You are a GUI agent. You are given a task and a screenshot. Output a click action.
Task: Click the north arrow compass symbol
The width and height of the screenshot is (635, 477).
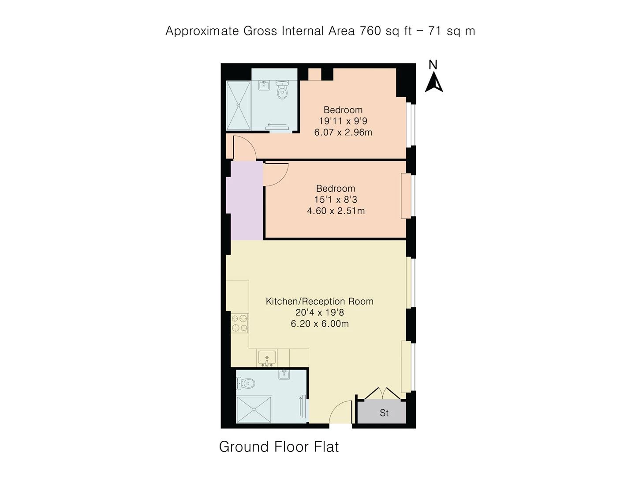coord(433,82)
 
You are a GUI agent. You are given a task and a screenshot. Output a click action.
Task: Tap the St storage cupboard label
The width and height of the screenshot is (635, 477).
coord(384,413)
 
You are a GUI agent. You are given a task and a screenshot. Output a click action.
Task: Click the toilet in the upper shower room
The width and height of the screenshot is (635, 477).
coord(282,90)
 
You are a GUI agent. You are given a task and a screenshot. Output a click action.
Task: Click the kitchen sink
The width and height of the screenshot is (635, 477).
coord(267,358)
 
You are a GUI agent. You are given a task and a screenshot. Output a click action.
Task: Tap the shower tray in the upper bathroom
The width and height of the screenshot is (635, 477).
coord(239,106)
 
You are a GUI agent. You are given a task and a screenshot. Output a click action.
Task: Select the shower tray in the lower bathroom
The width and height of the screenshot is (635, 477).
coord(254,409)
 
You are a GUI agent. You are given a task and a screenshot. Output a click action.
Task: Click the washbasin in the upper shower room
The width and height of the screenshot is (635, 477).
coord(264,85)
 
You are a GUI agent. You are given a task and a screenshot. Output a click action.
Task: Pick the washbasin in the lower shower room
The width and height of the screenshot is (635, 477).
coord(284,375)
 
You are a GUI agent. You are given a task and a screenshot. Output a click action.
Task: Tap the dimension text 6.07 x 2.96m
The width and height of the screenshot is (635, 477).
coord(343,132)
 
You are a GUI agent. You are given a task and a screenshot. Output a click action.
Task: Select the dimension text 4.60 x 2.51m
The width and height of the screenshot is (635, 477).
coord(336,211)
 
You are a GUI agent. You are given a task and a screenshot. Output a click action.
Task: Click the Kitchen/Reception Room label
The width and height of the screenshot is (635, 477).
coord(320,301)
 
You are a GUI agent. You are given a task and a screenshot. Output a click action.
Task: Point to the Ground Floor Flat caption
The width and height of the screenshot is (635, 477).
coord(279,447)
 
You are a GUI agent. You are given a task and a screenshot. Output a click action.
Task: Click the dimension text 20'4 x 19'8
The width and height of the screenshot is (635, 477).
coord(320,313)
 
